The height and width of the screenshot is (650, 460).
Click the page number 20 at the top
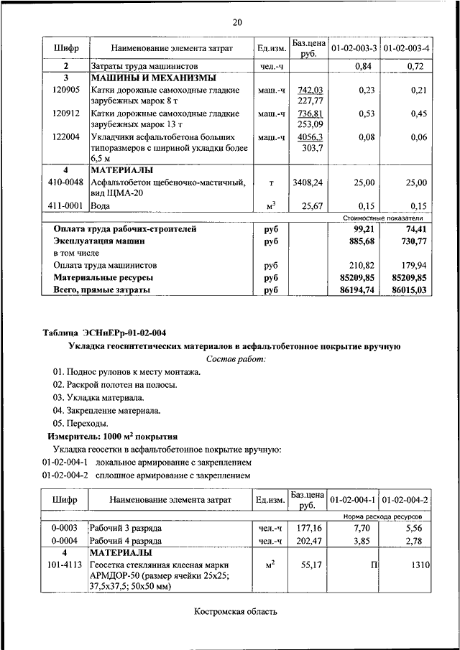coord(236,22)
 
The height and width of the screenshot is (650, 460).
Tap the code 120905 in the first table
coord(66,90)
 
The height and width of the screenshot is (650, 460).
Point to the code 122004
coord(66,136)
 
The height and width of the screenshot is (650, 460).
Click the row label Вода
coord(100,206)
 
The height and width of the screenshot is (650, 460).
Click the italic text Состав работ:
coord(236,358)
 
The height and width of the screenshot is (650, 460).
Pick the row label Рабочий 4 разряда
coord(126,540)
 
